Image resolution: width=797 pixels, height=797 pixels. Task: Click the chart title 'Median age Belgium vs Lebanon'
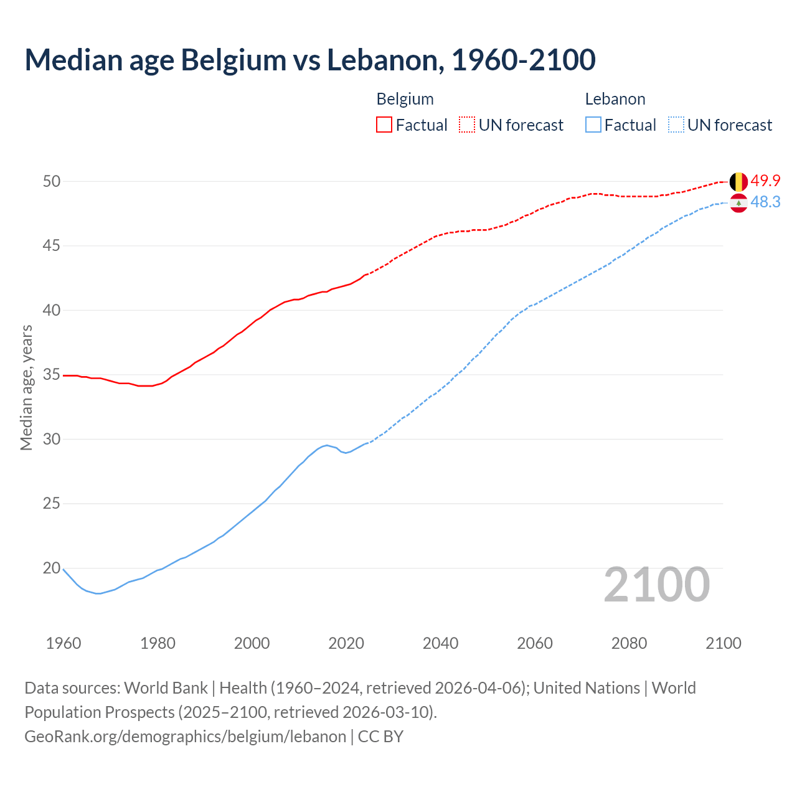[310, 60]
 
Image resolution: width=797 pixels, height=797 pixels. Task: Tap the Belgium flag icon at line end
[738, 182]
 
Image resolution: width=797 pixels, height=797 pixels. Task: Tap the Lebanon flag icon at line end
[738, 203]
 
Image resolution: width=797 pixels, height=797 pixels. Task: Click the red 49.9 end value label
[765, 181]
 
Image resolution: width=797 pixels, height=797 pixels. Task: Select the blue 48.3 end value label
[765, 202]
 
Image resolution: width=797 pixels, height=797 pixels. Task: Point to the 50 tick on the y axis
[51, 182]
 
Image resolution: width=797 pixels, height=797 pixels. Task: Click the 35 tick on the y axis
[51, 375]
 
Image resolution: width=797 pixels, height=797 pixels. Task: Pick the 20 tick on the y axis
[51, 568]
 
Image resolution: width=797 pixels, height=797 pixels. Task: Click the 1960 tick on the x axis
[64, 643]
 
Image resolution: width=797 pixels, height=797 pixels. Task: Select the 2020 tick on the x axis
[346, 643]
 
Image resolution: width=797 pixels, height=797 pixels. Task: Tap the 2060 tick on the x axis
[535, 643]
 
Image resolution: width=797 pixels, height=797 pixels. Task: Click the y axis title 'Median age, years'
[26, 387]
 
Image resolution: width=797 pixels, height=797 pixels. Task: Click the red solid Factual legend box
[384, 125]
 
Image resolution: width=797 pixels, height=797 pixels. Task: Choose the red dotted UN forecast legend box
[467, 125]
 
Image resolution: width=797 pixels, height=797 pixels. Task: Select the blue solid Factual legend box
[593, 125]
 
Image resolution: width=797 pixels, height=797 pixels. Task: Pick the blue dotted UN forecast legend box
[676, 125]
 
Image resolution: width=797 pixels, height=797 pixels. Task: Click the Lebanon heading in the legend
[615, 99]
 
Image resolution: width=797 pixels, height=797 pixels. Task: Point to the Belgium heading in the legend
[405, 99]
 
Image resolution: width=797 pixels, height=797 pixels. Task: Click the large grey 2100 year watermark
[657, 585]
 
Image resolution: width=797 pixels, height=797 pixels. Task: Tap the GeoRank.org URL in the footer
[185, 737]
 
